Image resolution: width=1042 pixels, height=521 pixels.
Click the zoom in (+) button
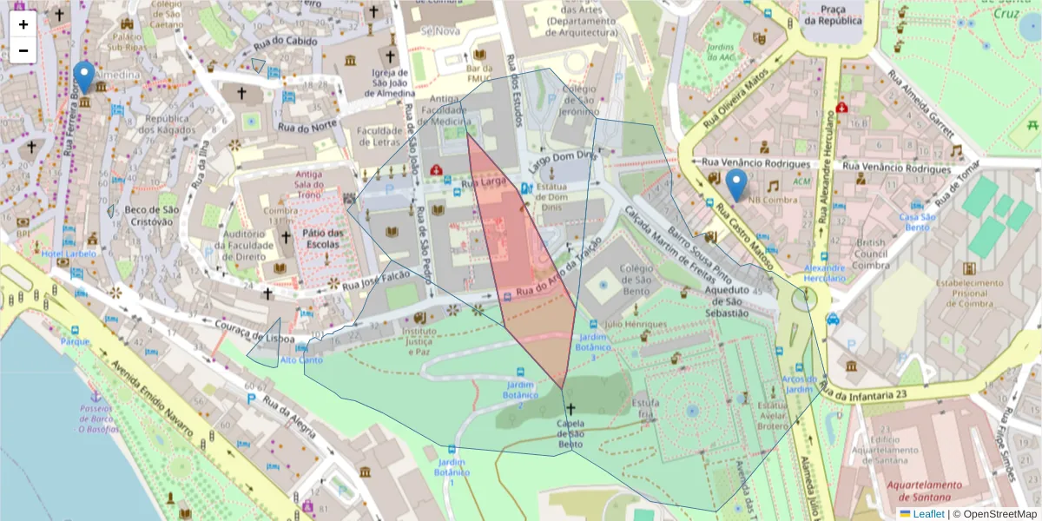pos(23,24)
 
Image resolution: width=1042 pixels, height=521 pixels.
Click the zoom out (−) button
pos(23,50)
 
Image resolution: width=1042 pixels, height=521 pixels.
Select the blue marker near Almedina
pos(83,76)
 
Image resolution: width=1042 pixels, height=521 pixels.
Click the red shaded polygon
pos(521,260)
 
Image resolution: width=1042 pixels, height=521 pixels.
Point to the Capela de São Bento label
pos(570,433)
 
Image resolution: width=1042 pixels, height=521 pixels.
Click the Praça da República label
pos(833,15)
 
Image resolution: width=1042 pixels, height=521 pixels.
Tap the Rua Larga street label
pos(484,183)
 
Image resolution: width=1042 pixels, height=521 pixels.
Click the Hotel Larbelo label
pos(69,254)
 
